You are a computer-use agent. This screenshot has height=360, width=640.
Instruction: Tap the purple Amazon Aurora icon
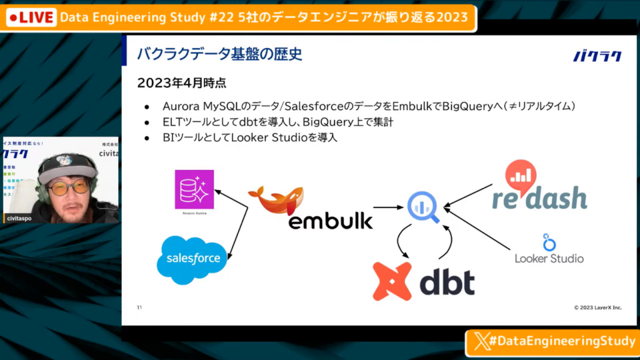tap(194, 189)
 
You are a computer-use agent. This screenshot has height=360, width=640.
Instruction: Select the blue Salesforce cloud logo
tap(192, 259)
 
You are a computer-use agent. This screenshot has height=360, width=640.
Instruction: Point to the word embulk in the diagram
tap(330, 220)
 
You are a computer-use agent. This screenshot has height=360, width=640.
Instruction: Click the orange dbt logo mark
tap(392, 281)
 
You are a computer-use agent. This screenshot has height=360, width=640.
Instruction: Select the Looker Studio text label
tap(549, 258)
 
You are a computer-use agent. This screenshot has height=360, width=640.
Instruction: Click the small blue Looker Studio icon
tap(549, 242)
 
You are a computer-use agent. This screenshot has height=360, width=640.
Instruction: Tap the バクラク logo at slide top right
tap(597, 56)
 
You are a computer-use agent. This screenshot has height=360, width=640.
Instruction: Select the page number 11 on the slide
tap(140, 307)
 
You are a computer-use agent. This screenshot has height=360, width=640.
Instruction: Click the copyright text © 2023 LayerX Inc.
tap(597, 307)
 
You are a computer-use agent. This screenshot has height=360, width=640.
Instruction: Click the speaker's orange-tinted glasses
tap(69, 186)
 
